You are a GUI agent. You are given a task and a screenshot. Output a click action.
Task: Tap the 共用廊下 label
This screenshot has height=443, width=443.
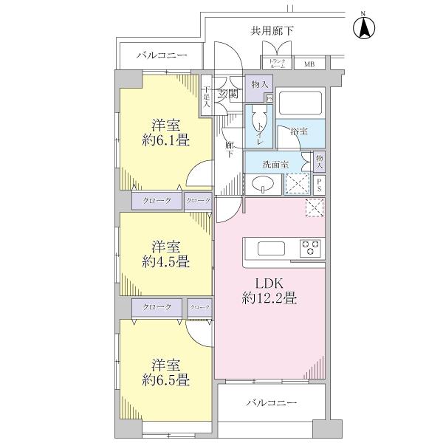point(271,31)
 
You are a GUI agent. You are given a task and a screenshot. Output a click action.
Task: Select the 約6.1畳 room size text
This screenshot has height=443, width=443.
point(165,138)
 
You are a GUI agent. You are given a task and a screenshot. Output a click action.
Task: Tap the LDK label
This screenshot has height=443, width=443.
point(269,283)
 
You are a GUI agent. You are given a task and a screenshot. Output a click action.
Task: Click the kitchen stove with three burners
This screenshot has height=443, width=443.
point(310,247)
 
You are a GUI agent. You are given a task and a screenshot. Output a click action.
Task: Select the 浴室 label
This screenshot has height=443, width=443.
point(299,131)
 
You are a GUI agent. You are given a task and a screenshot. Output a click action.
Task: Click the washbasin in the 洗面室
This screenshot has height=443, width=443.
point(263,183)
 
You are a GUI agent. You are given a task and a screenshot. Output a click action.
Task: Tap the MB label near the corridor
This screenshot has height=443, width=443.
point(309,63)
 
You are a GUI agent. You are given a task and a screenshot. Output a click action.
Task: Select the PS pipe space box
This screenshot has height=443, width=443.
point(319,184)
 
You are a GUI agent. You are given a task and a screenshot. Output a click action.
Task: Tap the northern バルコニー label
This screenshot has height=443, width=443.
point(162,56)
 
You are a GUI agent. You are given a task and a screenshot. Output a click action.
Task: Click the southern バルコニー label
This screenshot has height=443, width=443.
point(271,404)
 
